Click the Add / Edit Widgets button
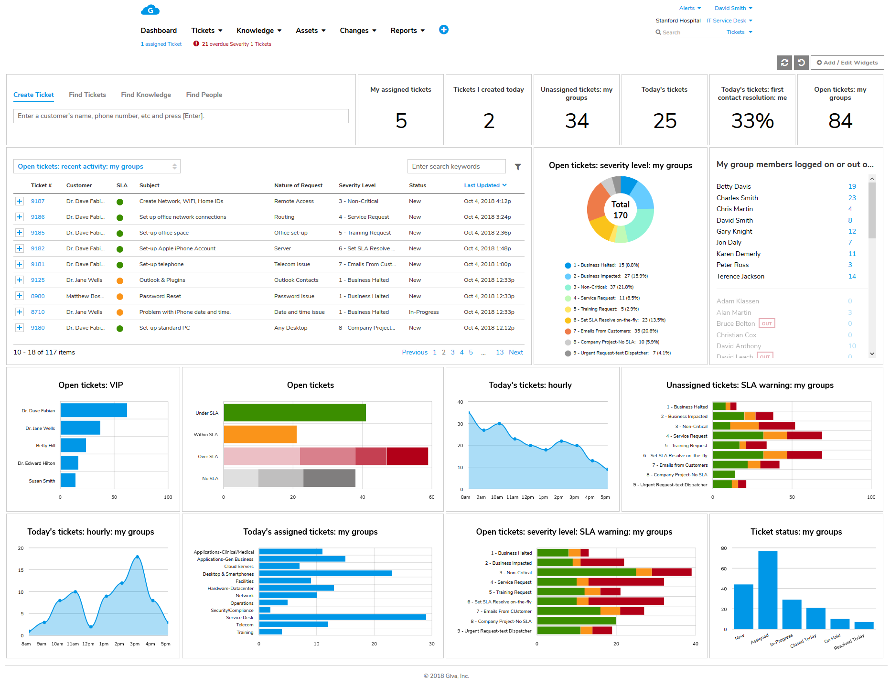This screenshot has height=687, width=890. tap(847, 63)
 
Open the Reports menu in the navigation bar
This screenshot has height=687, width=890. tap(407, 31)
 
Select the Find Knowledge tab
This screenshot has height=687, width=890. tap(146, 95)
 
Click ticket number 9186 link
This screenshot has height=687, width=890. tap(38, 217)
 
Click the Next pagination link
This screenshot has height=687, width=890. tap(515, 352)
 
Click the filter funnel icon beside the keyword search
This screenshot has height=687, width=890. tap(517, 167)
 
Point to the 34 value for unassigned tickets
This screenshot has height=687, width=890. tap(577, 121)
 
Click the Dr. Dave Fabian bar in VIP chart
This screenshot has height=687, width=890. tap(94, 410)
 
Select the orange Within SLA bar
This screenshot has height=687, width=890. tap(260, 434)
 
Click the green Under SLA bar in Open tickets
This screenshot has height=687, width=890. tap(294, 413)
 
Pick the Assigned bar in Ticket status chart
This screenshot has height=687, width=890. tap(767, 590)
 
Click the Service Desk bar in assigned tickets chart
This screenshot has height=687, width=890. tap(342, 617)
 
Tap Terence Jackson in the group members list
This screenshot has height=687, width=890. tap(740, 276)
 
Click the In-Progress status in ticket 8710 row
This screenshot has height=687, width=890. tap(423, 312)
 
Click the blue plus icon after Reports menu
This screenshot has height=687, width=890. tap(443, 30)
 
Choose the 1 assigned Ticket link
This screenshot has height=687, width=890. tap(161, 44)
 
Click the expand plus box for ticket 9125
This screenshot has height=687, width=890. tap(20, 280)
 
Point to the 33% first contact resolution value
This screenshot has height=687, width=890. tap(752, 121)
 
